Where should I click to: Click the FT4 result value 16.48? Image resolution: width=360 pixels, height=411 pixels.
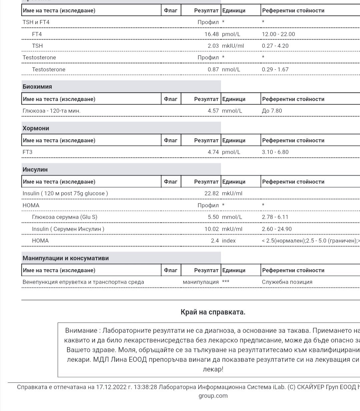coord(211,34)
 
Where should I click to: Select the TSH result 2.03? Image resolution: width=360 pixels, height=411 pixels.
coord(213,46)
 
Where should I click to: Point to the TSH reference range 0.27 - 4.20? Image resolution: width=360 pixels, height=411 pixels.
coord(275,46)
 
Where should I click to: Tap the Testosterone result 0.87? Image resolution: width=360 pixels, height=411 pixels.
coord(213,69)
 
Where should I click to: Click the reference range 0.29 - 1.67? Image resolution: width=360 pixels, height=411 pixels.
coord(275,69)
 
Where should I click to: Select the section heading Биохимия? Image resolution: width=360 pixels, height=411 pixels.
coord(37,87)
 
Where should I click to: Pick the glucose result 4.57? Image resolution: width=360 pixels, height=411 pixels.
coord(213,111)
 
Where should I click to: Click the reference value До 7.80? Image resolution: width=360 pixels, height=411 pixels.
coord(272,111)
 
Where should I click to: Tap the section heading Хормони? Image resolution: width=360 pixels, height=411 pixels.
coord(36,128)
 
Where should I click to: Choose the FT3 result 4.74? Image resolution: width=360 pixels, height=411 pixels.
coord(213,152)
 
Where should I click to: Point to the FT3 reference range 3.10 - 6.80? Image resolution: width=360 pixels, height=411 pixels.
coord(275,152)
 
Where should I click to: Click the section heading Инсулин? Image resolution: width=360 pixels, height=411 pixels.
coord(35,170)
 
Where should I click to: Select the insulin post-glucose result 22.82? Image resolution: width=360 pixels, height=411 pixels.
coord(211,193)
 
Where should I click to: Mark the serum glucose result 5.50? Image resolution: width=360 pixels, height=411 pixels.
coord(213,217)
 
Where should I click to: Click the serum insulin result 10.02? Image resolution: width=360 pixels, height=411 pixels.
coord(211,229)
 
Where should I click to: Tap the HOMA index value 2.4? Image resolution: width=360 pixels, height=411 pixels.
coord(215,240)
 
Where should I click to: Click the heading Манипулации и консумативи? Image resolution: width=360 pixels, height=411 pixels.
coord(65,258)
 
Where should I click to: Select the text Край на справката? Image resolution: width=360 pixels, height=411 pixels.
coord(213,312)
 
